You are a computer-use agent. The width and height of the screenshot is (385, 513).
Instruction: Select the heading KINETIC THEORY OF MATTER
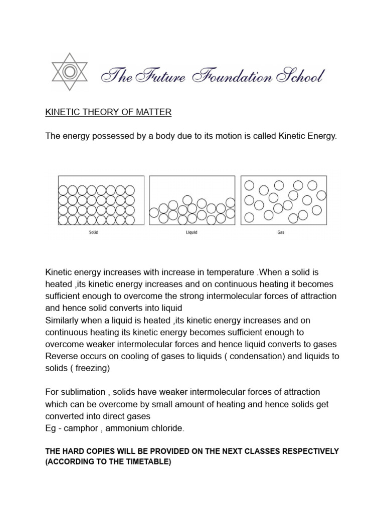pyautogui.click(x=108, y=113)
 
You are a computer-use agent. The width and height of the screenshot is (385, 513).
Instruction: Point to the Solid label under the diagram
pyautogui.click(x=94, y=232)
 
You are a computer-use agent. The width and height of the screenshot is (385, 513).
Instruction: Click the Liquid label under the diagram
pyautogui.click(x=192, y=232)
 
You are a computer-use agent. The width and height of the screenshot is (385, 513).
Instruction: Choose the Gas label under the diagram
pyautogui.click(x=281, y=232)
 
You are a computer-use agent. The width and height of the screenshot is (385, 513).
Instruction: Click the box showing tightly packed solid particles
pyautogui.click(x=101, y=200)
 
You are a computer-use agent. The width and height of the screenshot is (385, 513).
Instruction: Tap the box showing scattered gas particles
pyautogui.click(x=284, y=200)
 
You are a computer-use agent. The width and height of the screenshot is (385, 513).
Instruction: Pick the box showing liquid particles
pyautogui.click(x=192, y=200)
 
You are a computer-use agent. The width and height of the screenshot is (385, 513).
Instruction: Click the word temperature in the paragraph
pyautogui.click(x=228, y=272)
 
